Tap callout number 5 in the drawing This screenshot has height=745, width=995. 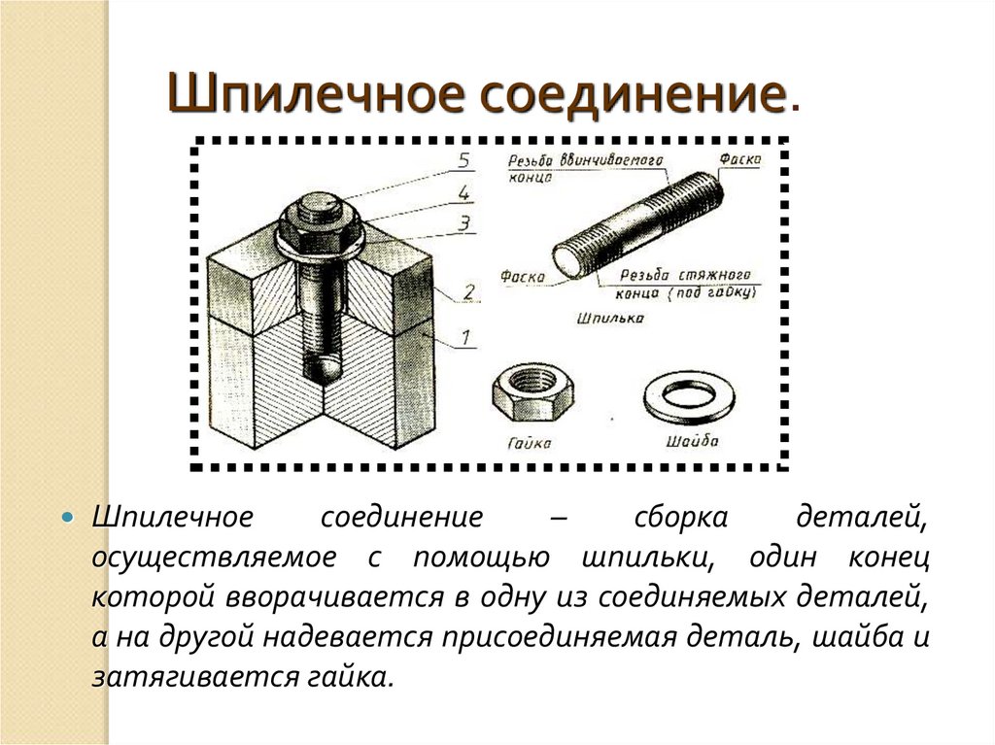pos(464,160)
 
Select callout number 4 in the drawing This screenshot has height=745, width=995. pos(464,191)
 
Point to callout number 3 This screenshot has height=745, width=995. pos(465,223)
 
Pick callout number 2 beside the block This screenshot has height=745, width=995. pos(468,292)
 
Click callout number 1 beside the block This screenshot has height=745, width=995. pos(466,336)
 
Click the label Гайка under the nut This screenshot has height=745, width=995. pos(530,442)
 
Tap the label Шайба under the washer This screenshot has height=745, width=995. pos(692,440)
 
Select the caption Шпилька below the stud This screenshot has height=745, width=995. pos(610,318)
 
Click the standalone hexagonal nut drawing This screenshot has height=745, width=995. pos(533,392)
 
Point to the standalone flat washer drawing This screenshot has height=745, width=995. pos(689,396)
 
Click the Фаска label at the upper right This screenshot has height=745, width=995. pos(739,158)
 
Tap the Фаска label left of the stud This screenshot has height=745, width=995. pos(522,276)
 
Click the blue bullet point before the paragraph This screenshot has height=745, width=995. pos(68,517)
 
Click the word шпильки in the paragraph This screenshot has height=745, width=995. pos(644,558)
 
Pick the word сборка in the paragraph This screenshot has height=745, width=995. pos(681,517)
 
